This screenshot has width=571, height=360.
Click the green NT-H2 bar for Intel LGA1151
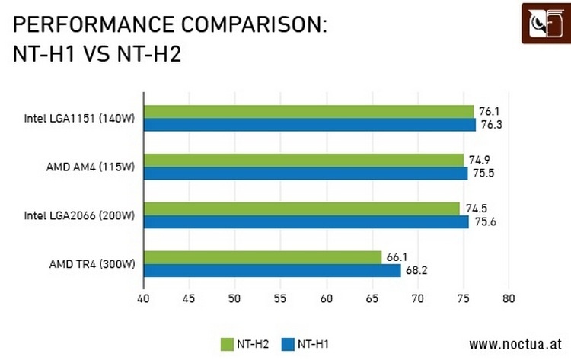308,112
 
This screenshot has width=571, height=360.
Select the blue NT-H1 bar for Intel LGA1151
310,125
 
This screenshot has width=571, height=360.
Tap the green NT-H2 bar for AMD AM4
304,160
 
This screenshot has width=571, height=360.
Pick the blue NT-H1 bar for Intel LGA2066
306,221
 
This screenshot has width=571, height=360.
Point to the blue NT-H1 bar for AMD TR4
272,270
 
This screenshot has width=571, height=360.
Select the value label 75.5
481,174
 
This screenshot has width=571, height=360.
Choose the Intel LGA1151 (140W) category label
79,119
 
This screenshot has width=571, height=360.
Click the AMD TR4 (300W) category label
92,264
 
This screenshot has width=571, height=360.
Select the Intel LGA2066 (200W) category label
79,215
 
